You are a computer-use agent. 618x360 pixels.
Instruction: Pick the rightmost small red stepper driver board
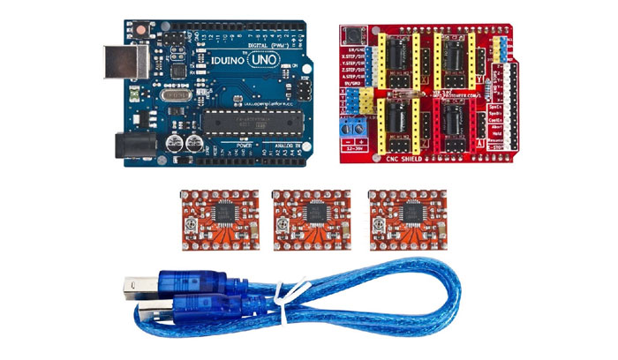[403, 216]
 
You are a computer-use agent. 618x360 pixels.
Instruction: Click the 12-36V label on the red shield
[356, 148]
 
